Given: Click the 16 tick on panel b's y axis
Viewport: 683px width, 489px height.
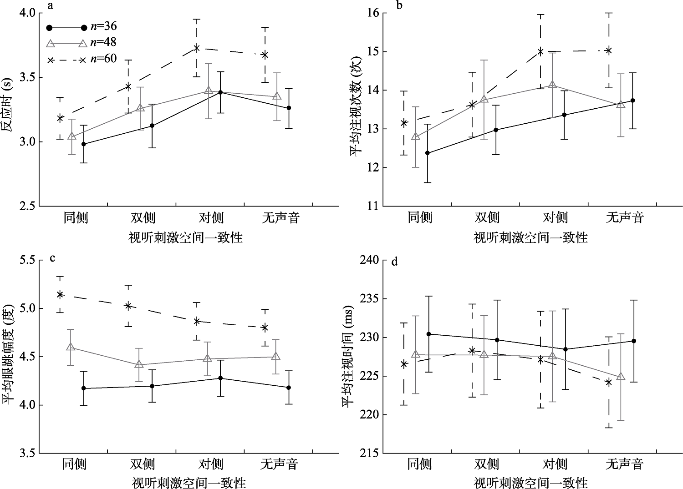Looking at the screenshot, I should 373,13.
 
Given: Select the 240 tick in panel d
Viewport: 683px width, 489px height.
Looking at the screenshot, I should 370,260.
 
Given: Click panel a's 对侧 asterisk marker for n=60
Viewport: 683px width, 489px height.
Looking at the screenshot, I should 197,48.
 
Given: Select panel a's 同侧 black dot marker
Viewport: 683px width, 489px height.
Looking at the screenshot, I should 83,144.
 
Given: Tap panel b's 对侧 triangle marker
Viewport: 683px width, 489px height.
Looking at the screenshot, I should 552,85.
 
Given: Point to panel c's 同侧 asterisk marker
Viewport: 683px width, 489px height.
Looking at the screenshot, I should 60,294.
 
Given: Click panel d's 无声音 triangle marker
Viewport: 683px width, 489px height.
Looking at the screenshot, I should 621,377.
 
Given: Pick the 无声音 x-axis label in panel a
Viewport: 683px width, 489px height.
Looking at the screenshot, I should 280,218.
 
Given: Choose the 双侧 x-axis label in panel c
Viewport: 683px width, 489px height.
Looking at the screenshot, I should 143,464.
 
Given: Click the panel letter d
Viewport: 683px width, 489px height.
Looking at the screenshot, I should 394,262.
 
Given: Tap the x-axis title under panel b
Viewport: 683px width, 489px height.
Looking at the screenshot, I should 530,237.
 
